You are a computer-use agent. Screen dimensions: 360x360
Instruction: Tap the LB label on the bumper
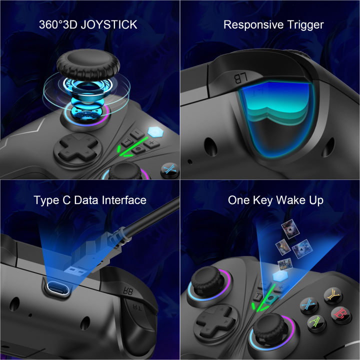pos(241,76)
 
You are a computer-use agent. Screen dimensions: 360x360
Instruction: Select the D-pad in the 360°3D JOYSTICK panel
pos(75,148)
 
